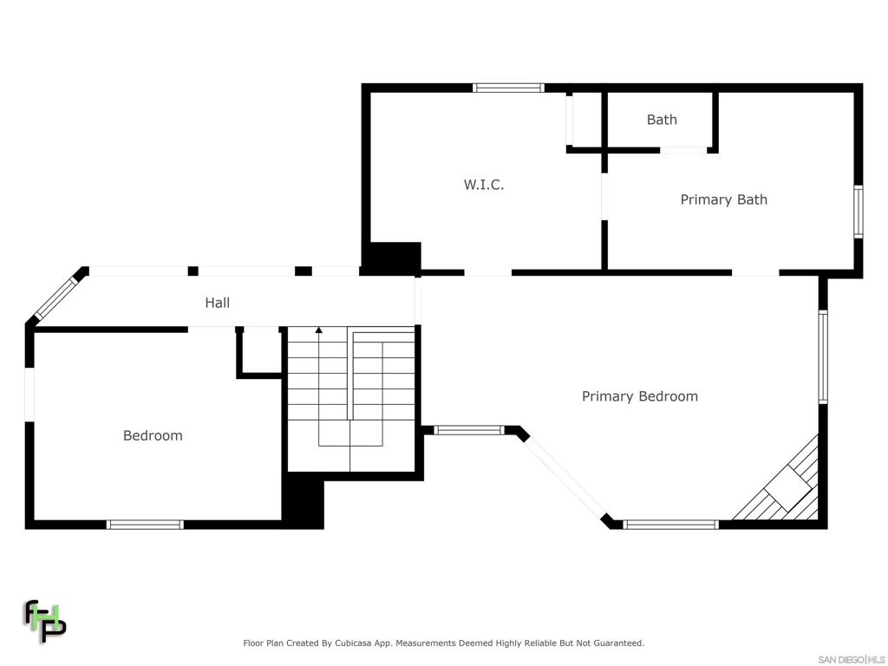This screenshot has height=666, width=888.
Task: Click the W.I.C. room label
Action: coord(483,185)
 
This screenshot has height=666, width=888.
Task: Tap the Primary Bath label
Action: coord(723,199)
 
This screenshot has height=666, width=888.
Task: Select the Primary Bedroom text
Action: coord(639,396)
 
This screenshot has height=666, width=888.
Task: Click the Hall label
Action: coord(217,303)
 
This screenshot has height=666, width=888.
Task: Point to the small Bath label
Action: coord(662,120)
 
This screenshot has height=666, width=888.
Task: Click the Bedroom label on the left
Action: coord(153,435)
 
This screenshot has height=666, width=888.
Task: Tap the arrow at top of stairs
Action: coord(318,330)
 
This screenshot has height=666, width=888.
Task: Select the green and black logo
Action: coord(44,621)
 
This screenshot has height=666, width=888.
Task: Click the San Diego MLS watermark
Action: coord(852,658)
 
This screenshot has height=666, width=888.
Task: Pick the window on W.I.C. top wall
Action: coord(508,88)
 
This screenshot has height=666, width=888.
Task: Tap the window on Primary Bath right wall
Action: coord(858,212)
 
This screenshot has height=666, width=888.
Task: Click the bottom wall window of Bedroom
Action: coord(145,525)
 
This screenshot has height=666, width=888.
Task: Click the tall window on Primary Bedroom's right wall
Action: coord(823,357)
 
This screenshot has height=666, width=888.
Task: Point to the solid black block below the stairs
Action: coord(304,503)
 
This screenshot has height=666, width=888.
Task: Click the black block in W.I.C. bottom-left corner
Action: coord(392,258)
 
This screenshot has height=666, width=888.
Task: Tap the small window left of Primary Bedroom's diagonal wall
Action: coord(468,429)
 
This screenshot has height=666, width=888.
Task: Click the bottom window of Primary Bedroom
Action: coord(670,525)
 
